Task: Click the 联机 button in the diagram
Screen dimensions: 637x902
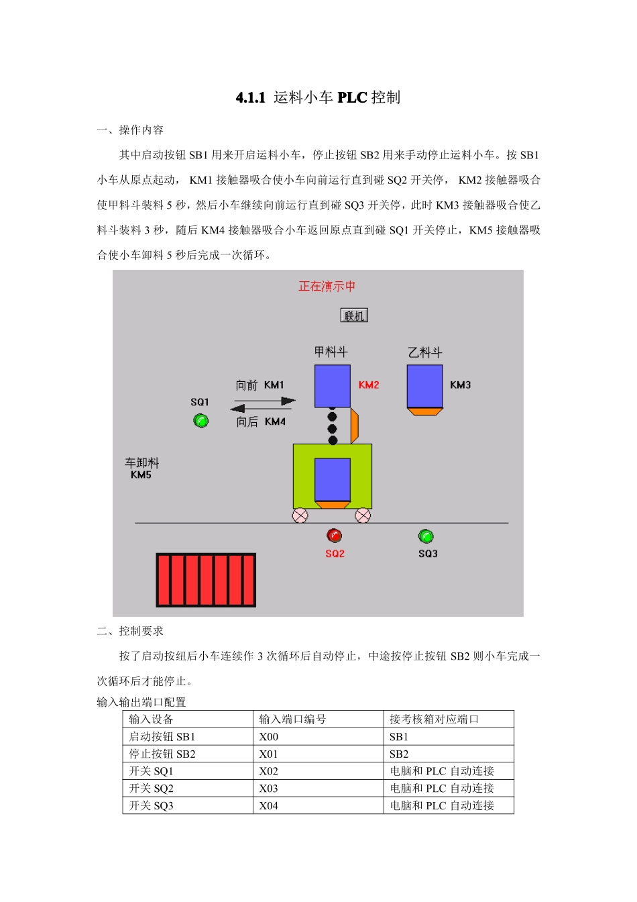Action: coord(354,315)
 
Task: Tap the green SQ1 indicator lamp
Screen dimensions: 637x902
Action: coord(200,421)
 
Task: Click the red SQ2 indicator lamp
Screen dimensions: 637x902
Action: coord(334,536)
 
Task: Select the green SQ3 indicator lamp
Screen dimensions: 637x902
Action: coord(426,536)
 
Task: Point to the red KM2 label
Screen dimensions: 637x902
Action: coord(369,385)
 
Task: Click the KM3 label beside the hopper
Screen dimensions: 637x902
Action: coord(460,385)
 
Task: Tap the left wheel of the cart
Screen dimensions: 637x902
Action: coord(300,515)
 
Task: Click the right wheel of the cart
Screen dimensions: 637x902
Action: coord(363,515)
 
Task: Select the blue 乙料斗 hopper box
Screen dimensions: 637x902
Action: coord(424,386)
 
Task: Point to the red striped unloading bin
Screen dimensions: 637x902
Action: coord(206,580)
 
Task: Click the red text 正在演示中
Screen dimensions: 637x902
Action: coord(327,287)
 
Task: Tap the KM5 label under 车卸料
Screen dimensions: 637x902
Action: coord(141,475)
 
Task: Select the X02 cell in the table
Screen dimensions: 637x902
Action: coord(268,771)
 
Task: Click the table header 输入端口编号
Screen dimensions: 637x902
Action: coord(292,719)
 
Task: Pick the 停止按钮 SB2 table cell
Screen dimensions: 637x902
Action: coord(162,754)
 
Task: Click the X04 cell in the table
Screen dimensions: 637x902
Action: coord(268,806)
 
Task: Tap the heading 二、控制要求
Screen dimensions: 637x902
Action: coord(130,631)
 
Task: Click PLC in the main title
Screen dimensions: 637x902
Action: coord(352,97)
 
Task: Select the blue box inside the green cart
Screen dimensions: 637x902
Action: coord(333,479)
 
